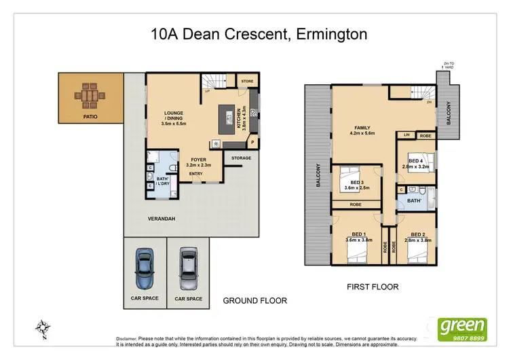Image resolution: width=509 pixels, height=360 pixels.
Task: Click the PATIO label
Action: [90, 117]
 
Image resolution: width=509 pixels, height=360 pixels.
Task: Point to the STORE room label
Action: [247, 81]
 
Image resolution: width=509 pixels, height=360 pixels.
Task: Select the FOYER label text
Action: [198, 161]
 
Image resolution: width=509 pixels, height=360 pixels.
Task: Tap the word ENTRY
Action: [196, 174]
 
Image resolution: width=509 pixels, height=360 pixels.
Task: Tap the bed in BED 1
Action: [356, 253]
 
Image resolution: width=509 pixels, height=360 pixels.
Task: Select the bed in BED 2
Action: [416, 253]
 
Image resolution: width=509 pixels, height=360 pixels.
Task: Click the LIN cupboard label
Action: [407, 135]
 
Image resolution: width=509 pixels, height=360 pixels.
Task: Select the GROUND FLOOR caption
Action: [255, 300]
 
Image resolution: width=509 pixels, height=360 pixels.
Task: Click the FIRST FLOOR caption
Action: [372, 287]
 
